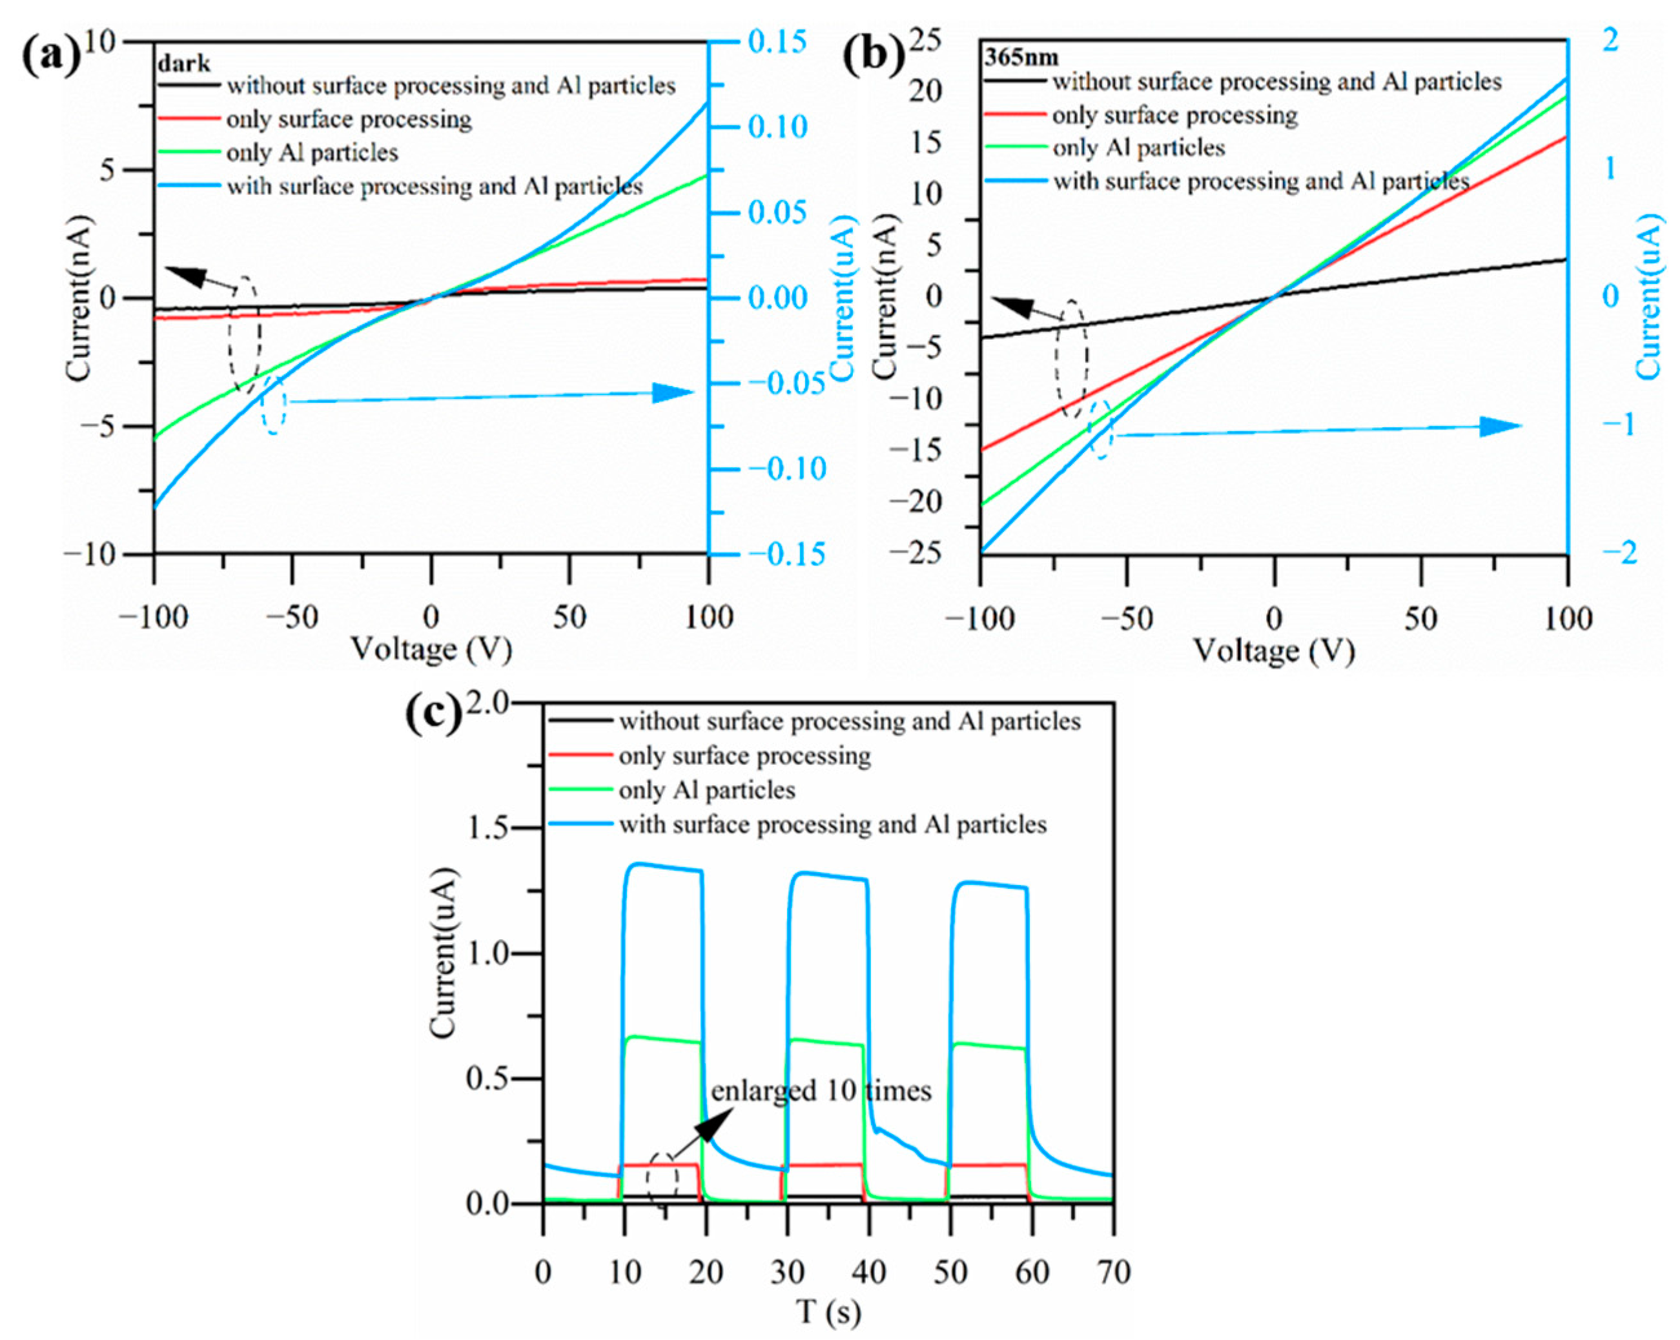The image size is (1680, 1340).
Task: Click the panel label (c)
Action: coord(434,715)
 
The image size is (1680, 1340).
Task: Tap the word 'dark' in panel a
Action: coord(184,63)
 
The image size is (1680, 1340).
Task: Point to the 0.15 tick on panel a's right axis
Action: coord(777,41)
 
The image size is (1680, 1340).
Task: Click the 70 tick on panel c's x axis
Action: coord(1112,1272)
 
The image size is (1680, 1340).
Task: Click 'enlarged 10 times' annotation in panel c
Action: coord(821,1090)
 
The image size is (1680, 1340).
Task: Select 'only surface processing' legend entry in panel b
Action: coord(1174,116)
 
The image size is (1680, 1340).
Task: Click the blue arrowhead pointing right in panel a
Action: coord(671,392)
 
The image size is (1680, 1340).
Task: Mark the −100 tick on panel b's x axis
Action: coord(980,620)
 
